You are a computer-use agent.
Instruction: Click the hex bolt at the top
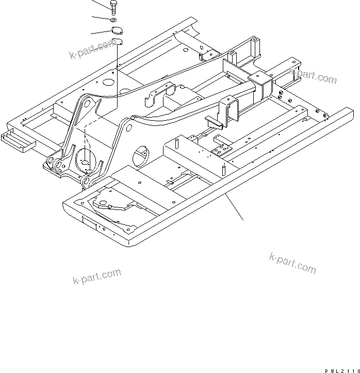tap(113, 7)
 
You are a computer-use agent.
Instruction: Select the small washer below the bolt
tap(114, 20)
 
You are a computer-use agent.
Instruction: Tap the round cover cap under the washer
tap(118, 30)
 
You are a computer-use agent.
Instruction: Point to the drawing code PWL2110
tap(341, 369)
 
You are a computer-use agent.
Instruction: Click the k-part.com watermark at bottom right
tap(292, 263)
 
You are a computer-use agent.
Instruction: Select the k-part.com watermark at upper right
tap(313, 76)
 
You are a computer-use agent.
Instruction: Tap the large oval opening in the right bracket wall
tap(141, 154)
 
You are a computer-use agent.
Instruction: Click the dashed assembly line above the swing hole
tap(86, 139)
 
